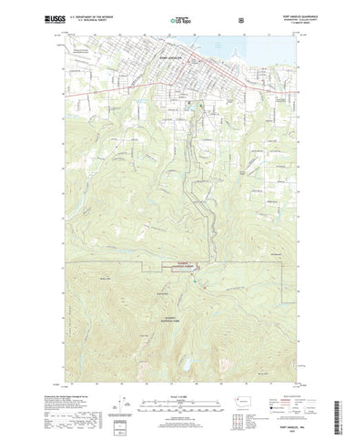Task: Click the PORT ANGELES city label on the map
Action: (x=173, y=56)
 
